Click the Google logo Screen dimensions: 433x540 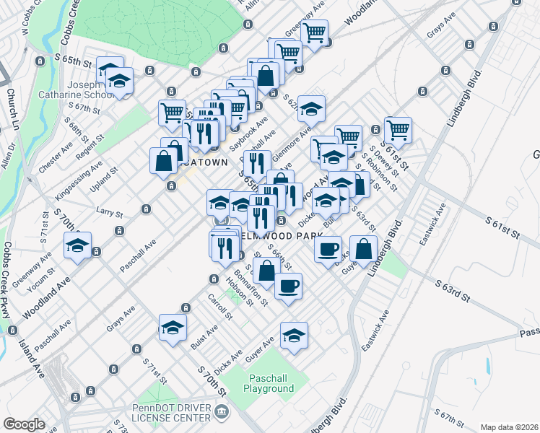24,424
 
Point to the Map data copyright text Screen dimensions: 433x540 510,427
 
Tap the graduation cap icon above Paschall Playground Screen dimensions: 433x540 294,335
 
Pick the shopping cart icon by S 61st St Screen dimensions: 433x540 398,130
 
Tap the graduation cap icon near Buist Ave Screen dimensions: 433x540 173,328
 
